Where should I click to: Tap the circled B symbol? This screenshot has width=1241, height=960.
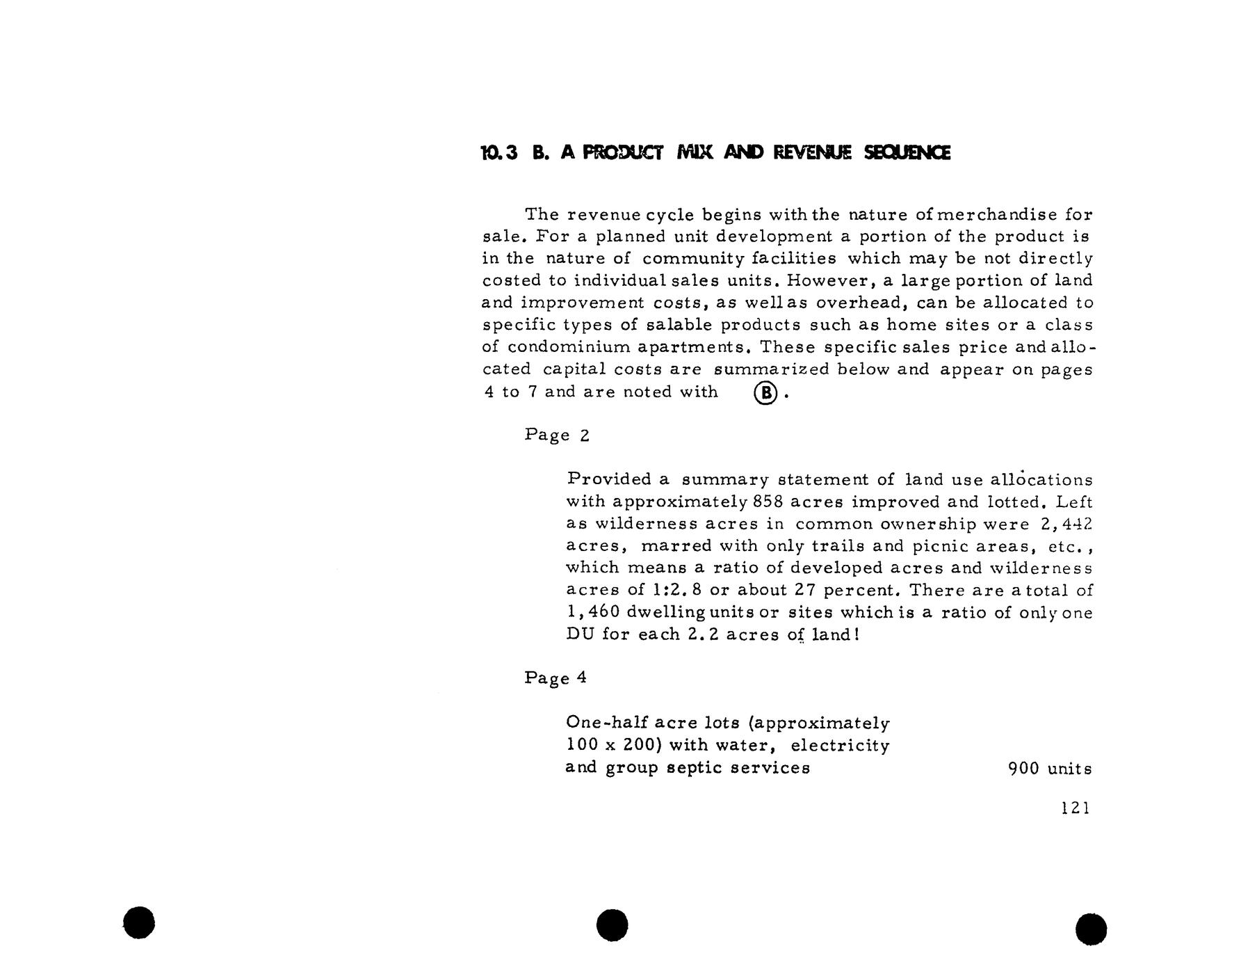coord(765,394)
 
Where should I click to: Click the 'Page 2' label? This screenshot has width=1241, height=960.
coord(557,435)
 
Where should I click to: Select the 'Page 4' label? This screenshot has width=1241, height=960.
coord(555,678)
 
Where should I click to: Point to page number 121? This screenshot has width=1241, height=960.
coord(1076,808)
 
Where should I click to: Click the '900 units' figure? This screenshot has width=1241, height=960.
coord(1050,769)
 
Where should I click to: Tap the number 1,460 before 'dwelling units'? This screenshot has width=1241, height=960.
coord(592,613)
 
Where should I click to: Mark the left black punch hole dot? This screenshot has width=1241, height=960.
coord(139,922)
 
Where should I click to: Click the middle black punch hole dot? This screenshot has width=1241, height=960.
coord(613,925)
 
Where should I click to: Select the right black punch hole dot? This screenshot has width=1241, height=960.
coord(1091,929)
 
